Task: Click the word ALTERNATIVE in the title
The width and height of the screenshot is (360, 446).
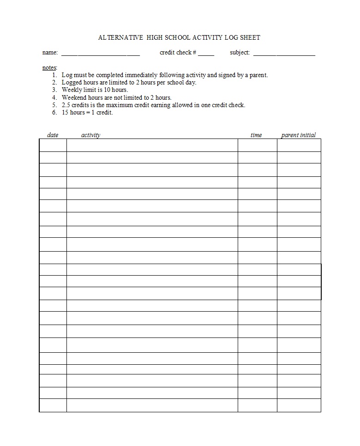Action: click(120, 37)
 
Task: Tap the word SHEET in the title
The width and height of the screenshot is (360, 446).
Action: click(249, 37)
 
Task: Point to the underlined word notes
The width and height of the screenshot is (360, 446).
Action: click(49, 67)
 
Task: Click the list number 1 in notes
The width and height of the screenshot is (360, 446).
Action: click(54, 75)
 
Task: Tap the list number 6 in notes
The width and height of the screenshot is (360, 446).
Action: click(54, 113)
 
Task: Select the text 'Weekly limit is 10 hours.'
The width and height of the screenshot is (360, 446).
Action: click(95, 90)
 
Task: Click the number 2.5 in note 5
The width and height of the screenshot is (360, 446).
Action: click(66, 105)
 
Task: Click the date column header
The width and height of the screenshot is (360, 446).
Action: click(53, 135)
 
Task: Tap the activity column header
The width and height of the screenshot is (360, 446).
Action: click(90, 135)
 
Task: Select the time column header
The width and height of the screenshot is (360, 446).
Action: click(256, 135)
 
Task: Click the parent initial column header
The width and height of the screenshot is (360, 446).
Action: click(299, 135)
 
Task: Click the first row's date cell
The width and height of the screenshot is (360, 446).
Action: click(53, 145)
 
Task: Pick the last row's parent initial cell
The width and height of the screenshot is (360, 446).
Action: click(299, 405)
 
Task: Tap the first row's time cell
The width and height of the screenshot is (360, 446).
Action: click(257, 145)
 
